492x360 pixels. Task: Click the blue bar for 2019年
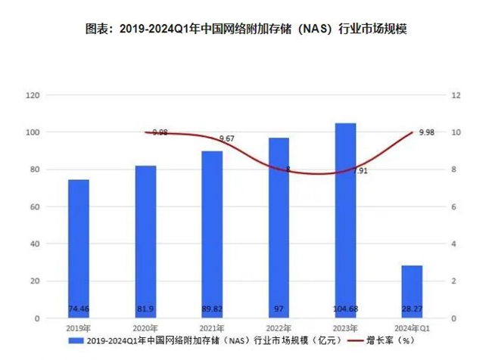pos(79,250)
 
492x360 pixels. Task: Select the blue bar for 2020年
pos(145,242)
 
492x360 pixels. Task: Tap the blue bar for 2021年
pos(212,234)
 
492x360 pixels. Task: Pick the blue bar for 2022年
pos(279,227)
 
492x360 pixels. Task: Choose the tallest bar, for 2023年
pos(345,219)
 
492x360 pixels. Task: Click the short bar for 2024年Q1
pos(412,292)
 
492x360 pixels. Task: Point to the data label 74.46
pos(79,309)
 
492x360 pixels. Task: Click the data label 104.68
pos(345,309)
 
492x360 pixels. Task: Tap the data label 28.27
pos(412,309)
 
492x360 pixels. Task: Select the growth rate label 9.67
pos(226,139)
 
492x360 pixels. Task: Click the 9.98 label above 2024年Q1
pos(426,132)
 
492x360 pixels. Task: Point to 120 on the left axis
pos(32,95)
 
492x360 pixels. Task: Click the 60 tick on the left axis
pos(34,206)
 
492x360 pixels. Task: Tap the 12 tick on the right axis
pos(455,95)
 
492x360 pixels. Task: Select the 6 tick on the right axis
pos(453,206)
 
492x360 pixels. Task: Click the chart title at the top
pos(246,29)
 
